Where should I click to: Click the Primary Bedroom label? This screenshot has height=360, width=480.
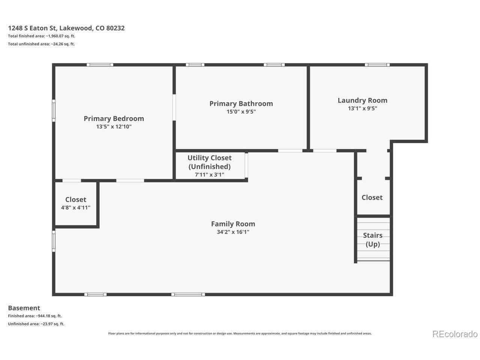[114, 119]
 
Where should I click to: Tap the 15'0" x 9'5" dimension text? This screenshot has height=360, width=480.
[241, 112]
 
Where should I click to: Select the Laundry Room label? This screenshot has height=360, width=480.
[362, 100]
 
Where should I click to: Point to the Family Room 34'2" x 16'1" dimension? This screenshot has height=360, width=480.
[233, 232]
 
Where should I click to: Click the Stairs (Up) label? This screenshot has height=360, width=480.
[373, 240]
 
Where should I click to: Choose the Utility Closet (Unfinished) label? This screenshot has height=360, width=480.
[210, 162]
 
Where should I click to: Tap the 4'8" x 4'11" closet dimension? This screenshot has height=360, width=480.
[76, 208]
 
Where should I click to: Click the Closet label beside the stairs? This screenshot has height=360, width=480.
[372, 198]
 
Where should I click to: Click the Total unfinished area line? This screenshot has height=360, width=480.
[41, 44]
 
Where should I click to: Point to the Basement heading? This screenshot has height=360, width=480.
[24, 308]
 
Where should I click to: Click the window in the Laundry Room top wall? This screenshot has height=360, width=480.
[377, 65]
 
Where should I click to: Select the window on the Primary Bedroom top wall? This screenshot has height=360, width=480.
[100, 65]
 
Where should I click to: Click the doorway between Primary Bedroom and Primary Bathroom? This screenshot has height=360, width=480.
[174, 107]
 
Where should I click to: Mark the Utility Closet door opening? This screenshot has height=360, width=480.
[246, 165]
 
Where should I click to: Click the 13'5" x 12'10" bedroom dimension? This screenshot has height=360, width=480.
[114, 127]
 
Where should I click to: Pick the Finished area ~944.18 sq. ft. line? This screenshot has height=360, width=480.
[35, 316]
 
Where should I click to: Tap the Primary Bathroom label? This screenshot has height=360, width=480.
[241, 103]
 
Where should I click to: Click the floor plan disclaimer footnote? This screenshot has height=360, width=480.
[240, 333]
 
